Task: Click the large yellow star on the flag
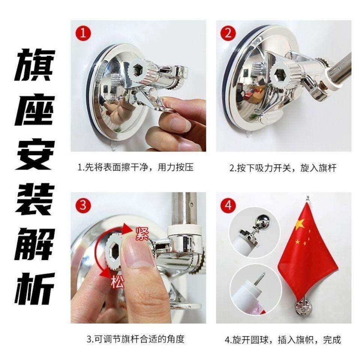(x=300, y=224)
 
